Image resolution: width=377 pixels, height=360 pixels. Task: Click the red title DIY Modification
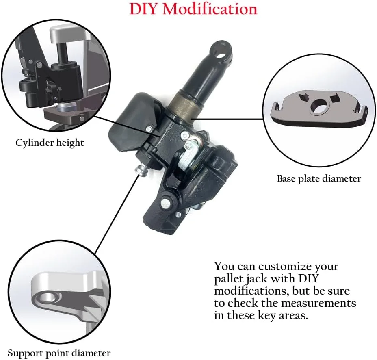point(193,9)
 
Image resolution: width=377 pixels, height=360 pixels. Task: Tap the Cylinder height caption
point(50,143)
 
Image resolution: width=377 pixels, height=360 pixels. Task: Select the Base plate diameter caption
point(319,179)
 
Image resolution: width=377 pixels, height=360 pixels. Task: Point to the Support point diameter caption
point(59,353)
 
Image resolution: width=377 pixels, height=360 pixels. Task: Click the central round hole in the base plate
point(318,106)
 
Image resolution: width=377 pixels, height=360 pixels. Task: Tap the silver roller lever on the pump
point(190,157)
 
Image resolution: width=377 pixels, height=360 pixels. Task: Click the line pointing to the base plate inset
point(227,119)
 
